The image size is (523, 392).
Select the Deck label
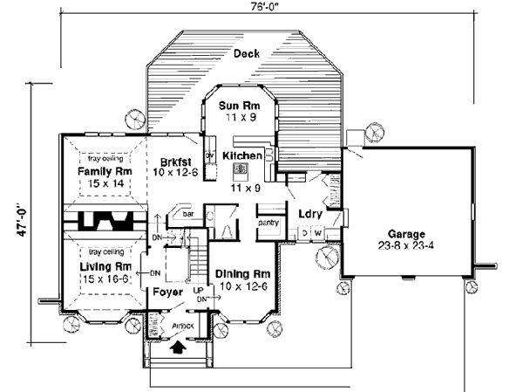pos(247,54)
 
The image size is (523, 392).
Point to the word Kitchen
pos(241,155)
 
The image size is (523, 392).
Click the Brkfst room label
pos(177,161)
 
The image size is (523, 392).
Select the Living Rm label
pos(104,265)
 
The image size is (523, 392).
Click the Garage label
pos(407,235)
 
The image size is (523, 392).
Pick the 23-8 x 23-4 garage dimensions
pos(407,246)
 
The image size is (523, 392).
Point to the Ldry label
pos(310,213)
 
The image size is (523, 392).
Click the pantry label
pos(268,223)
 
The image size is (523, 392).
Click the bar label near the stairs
pos(187,212)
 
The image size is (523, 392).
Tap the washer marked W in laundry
pos(318,232)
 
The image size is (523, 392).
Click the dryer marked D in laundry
pos(304,232)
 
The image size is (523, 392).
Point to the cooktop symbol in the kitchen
pos(241,170)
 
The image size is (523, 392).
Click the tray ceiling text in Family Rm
pos(104,160)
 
